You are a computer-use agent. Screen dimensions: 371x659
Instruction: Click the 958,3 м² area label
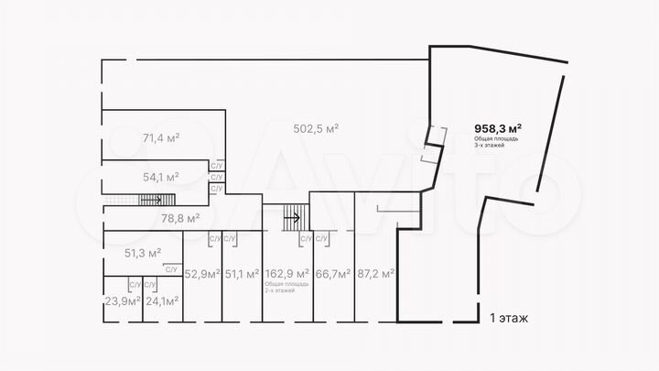498,128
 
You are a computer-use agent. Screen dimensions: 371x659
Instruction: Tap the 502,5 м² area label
315,128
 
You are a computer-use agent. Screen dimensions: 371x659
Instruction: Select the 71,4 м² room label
160,138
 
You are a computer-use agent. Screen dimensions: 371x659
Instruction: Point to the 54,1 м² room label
160,176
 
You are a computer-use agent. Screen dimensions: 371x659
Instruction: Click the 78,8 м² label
179,218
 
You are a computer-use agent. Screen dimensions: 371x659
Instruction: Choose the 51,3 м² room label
143,252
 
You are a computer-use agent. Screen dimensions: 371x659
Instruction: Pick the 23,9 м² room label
122,300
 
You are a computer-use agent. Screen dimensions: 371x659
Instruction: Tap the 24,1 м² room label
161,300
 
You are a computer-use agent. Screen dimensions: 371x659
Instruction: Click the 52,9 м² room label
202,273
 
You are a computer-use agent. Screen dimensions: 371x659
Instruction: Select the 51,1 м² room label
243,273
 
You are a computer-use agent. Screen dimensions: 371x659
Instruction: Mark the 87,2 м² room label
375,273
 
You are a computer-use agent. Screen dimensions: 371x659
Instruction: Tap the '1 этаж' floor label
509,318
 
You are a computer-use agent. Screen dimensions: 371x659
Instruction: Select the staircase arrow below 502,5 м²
293,217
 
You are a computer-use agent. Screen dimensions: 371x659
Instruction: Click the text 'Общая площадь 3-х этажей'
496,142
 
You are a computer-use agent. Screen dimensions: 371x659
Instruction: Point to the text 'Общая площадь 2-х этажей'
286,287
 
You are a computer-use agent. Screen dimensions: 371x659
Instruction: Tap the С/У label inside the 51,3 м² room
171,268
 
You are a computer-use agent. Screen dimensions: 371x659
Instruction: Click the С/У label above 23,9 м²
135,284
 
